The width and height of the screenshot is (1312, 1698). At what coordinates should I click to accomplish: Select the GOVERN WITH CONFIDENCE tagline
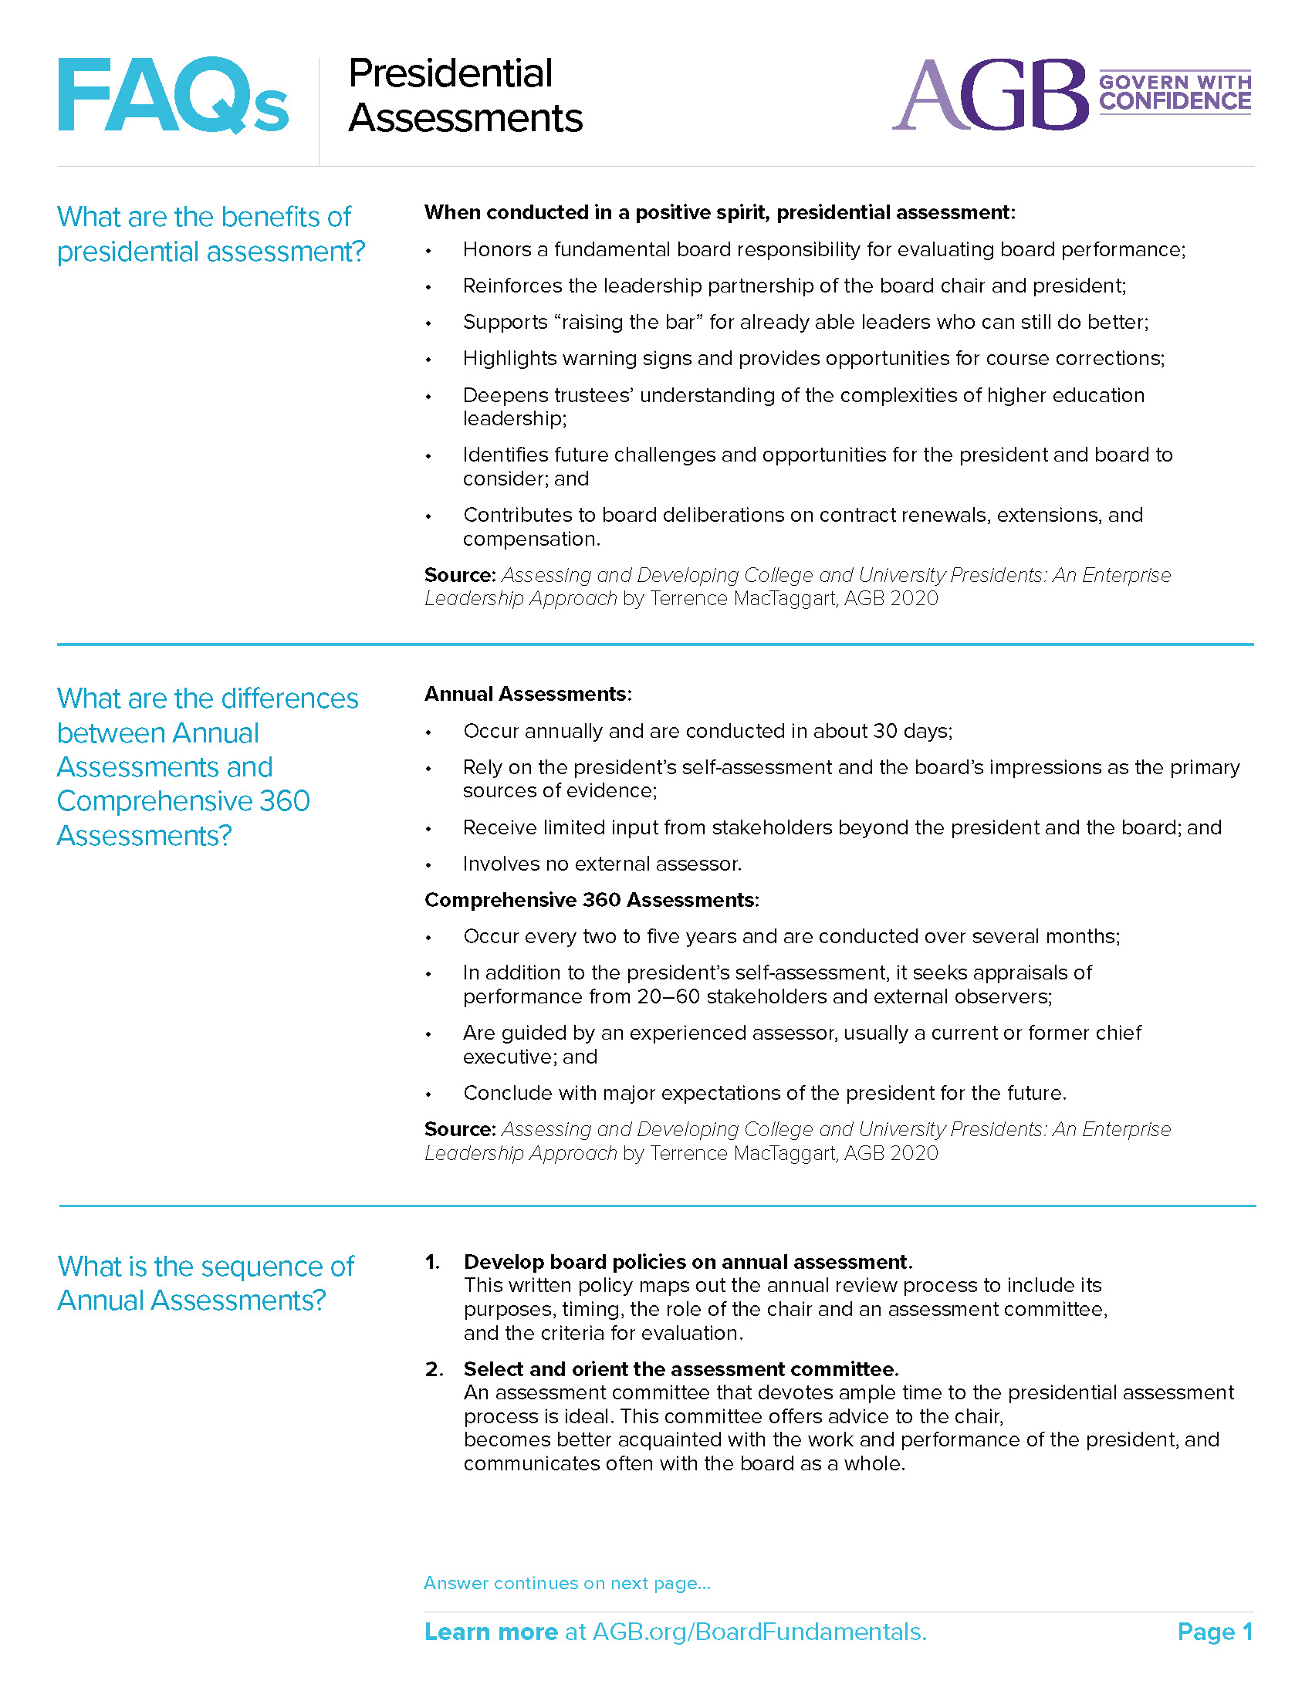tap(1174, 93)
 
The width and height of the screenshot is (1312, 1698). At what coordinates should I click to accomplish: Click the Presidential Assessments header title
tap(465, 96)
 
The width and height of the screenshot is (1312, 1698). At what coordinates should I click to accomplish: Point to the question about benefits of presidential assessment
tap(210, 234)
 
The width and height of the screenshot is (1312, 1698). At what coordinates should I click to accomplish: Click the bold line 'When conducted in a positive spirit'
tap(719, 212)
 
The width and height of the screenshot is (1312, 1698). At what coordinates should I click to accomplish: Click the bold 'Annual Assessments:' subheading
tap(528, 694)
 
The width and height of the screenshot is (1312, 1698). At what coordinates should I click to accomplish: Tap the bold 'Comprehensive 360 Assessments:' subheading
tap(590, 899)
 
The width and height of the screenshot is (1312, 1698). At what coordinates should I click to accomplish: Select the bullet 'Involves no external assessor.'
tap(602, 864)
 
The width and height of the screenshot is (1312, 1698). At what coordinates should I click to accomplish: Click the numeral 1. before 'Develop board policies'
tap(432, 1261)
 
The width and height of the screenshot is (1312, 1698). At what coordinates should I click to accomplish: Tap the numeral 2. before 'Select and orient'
tap(434, 1368)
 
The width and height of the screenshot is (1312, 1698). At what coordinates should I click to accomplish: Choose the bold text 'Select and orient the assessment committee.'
tap(681, 1368)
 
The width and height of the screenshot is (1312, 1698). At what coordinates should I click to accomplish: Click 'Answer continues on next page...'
tap(566, 1583)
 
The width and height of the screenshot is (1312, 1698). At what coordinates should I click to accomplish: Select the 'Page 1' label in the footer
tap(1214, 1632)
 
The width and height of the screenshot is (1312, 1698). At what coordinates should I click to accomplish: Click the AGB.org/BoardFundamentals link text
tap(759, 1632)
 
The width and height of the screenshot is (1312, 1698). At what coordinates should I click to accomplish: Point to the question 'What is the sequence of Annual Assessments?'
tap(205, 1283)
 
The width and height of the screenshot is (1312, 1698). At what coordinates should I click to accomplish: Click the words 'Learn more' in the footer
tap(490, 1632)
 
